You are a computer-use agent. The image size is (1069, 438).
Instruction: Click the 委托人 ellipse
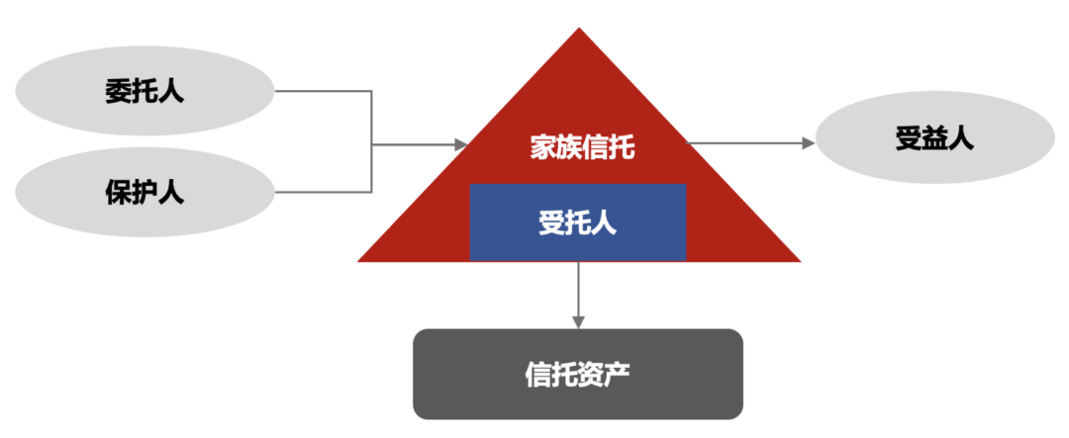(x=145, y=92)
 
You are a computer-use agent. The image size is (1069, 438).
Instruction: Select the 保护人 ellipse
(x=145, y=191)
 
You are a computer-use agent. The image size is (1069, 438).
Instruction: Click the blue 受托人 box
(x=578, y=222)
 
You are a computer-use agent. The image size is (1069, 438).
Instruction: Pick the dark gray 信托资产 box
(x=578, y=374)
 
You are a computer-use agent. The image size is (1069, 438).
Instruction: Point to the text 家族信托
(x=579, y=148)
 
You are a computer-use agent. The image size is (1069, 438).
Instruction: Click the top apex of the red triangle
(x=579, y=30)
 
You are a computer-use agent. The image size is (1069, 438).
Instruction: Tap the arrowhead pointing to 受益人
(x=808, y=143)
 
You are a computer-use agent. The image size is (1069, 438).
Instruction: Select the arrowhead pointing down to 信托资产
(x=578, y=321)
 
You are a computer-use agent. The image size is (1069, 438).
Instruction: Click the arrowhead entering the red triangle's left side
(x=460, y=144)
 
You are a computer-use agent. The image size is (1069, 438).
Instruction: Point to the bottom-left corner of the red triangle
(x=360, y=260)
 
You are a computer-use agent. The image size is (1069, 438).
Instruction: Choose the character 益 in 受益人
(x=934, y=139)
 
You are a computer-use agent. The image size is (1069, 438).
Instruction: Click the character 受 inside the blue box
(x=551, y=222)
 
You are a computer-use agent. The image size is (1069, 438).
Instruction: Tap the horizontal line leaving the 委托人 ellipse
(x=322, y=92)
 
